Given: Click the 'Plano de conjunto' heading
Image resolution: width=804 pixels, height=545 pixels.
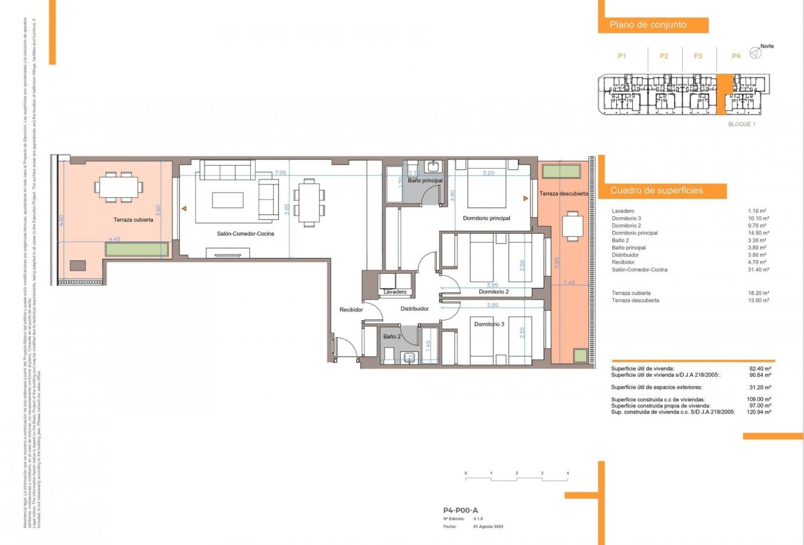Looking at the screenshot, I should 648,25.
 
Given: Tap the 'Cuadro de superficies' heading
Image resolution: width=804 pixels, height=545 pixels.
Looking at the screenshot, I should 657,191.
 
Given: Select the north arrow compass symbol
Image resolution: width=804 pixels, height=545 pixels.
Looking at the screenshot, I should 755,53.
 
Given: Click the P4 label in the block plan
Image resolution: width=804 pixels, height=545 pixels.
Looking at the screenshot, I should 736,56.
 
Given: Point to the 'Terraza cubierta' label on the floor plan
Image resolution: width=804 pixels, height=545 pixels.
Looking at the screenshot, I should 133,220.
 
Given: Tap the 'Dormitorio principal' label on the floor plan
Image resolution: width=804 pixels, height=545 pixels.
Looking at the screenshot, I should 486,218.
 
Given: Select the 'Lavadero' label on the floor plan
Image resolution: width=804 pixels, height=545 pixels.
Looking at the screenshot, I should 395,292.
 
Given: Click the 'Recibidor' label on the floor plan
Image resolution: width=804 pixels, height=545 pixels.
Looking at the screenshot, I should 351,310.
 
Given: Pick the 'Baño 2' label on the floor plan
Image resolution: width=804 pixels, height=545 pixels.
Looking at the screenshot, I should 392,336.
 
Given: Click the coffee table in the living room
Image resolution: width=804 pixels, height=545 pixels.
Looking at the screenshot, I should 227,200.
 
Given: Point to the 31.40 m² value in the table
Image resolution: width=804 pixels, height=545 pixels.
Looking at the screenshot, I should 759,270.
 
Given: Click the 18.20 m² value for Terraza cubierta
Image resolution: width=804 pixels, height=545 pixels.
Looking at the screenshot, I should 759,293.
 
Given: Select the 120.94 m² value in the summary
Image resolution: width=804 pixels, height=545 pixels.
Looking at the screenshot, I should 759,412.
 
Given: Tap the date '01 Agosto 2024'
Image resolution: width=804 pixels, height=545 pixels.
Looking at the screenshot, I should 488,527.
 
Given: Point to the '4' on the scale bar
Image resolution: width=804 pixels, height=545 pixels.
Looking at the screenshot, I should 567,473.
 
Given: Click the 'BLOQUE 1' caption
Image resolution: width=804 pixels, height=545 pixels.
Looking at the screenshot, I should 741,124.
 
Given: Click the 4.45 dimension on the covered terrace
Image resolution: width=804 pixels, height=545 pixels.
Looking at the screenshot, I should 115,239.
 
